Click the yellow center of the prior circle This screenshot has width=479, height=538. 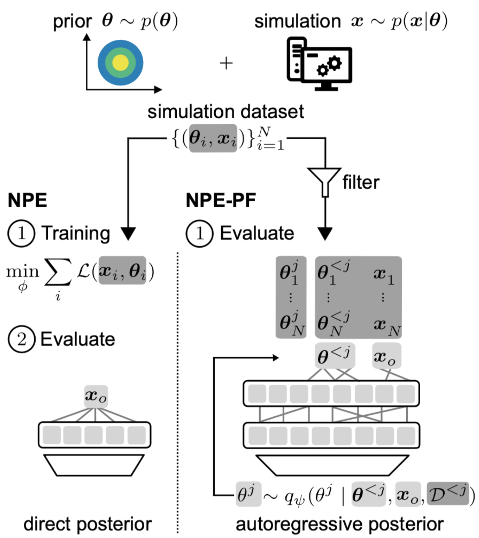tap(120, 62)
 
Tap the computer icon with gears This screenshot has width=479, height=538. tap(319, 64)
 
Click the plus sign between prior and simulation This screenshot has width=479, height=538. tap(226, 63)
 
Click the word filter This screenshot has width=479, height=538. tap(361, 182)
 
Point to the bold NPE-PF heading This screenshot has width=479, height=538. tap(221, 200)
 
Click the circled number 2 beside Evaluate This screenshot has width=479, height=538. tap(21, 339)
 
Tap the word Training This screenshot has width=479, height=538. tap(76, 233)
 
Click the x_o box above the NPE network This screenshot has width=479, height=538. tap(96, 396)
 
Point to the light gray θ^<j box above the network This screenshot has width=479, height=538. tap(334, 356)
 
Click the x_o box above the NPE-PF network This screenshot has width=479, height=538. tap(386, 356)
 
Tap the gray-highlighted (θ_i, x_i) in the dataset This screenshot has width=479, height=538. tap(213, 138)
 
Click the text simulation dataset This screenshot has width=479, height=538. tap(226, 112)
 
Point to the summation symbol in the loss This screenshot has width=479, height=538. tap(58, 272)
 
